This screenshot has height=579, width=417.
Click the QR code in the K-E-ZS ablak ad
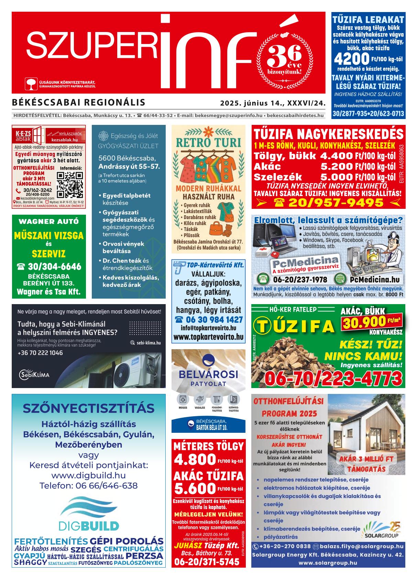pyautogui.click(x=69, y=184)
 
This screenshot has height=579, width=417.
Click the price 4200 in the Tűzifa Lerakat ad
pyautogui.click(x=351, y=60)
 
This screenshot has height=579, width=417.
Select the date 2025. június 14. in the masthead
pyautogui.click(x=248, y=103)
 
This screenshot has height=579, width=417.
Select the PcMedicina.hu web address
pyautogui.click(x=374, y=279)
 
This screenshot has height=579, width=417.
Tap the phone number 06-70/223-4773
pyautogui.click(x=333, y=379)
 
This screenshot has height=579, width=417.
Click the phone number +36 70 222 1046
pyautogui.click(x=40, y=353)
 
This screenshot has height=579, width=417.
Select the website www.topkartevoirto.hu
pyautogui.click(x=209, y=337)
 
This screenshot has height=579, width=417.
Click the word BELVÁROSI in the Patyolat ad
pyautogui.click(x=208, y=374)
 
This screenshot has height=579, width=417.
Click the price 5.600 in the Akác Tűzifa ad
pyautogui.click(x=195, y=489)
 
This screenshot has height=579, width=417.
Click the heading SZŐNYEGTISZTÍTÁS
pyautogui.click(x=89, y=408)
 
